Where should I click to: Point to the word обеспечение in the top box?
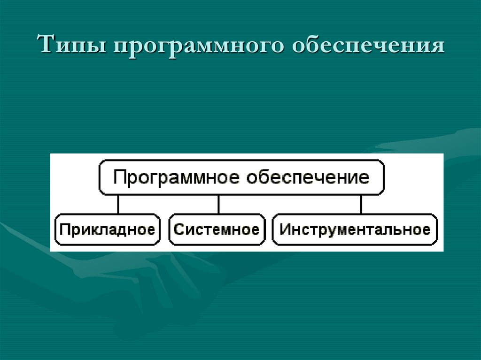point(308,177)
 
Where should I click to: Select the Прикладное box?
point(108,230)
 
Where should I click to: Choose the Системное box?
point(216,230)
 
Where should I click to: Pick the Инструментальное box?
point(355,230)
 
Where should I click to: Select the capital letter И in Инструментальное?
point(284,230)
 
